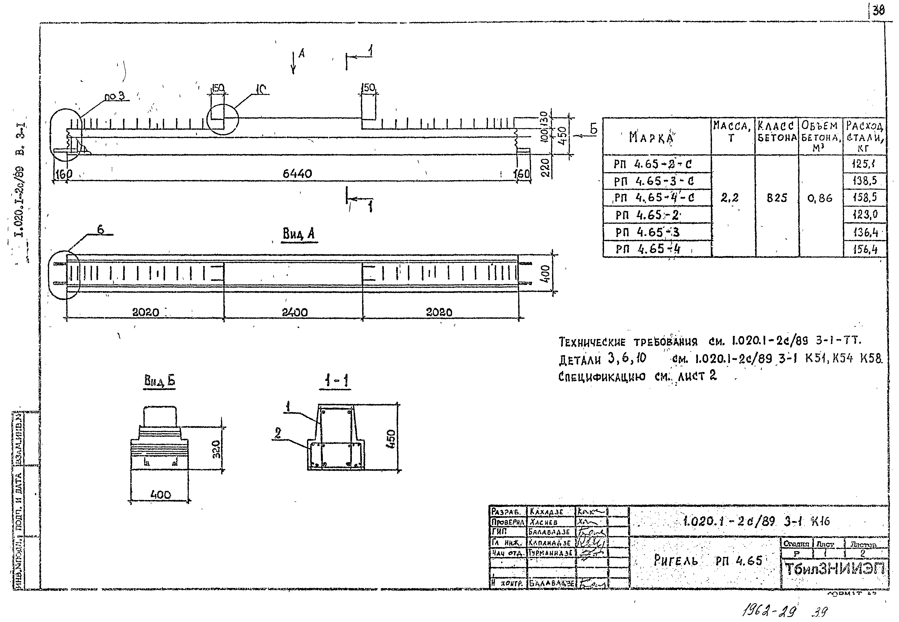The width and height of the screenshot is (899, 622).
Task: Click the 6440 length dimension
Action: click(x=297, y=174)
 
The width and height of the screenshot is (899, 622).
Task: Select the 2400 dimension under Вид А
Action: click(x=294, y=312)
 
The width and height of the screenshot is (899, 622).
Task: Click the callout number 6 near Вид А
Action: click(x=100, y=230)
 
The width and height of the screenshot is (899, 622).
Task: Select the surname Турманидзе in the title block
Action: click(x=550, y=553)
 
